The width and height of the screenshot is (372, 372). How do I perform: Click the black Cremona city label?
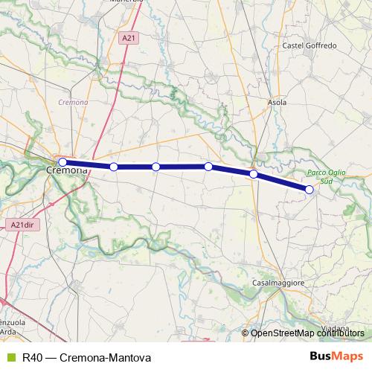tap(67, 170)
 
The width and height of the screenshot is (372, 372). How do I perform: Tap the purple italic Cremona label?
tap(73, 102)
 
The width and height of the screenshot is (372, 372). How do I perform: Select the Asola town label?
tap(276, 102)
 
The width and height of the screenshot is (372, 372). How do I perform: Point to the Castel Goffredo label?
tap(310, 45)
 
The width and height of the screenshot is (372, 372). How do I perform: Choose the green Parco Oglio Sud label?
tap(321, 176)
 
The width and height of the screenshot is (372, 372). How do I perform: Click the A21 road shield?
tap(129, 36)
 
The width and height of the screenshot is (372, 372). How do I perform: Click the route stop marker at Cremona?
tap(62, 161)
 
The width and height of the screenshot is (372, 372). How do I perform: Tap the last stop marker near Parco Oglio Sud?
tap(310, 190)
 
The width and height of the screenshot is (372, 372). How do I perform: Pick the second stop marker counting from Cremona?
tap(114, 167)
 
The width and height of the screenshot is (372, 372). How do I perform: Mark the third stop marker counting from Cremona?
tap(155, 167)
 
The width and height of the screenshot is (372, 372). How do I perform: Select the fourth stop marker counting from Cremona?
tap(208, 167)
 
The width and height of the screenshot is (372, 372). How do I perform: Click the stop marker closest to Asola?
tap(254, 174)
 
